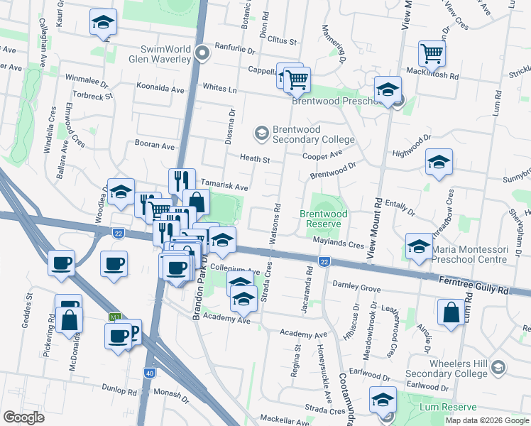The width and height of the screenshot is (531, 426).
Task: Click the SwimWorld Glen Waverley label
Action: pyautogui.click(x=167, y=53)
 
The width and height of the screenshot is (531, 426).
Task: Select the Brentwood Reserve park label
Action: pyautogui.click(x=324, y=218)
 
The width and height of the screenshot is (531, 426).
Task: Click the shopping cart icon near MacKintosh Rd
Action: pyautogui.click(x=432, y=53)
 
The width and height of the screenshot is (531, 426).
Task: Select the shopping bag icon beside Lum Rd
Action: pyautogui.click(x=451, y=313)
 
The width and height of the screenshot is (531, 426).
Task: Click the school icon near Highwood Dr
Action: pyautogui.click(x=439, y=162)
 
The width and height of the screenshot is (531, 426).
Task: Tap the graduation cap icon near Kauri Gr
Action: pyautogui.click(x=103, y=22)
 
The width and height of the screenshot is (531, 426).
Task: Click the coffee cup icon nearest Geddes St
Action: pyautogui.click(x=60, y=263)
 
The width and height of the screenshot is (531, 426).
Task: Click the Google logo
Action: pyautogui.click(x=23, y=417)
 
